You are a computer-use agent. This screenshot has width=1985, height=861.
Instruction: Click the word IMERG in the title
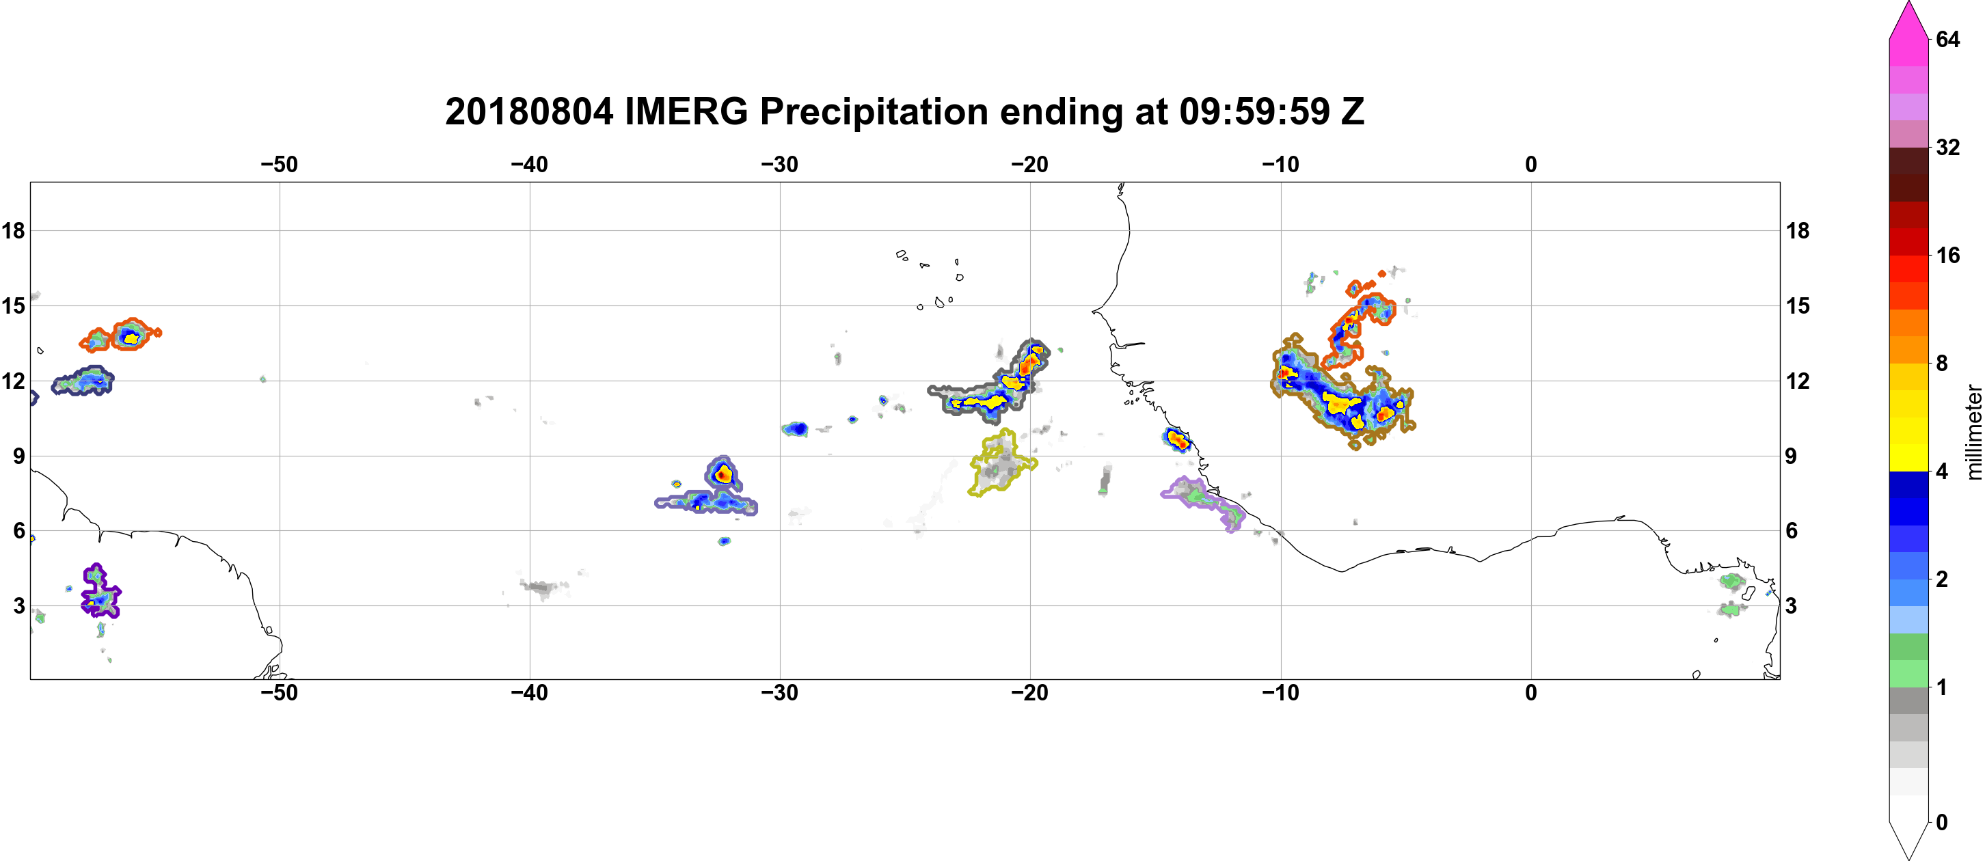point(686,111)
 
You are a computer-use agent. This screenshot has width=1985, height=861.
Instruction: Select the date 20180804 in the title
point(529,111)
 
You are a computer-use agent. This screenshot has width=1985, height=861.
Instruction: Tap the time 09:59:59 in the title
point(1254,111)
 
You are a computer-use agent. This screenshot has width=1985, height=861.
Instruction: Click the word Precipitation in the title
point(874,111)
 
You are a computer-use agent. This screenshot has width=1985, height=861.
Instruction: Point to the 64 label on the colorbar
point(1947,39)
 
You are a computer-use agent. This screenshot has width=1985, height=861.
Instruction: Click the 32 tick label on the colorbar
point(1947,147)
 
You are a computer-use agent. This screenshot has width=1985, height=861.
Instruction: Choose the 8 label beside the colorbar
point(1942,363)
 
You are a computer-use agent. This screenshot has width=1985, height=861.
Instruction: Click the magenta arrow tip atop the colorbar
point(1908,3)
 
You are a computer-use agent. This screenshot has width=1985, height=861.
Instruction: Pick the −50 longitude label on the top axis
point(279,164)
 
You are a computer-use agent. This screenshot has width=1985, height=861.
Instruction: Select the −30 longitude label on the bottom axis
point(780,692)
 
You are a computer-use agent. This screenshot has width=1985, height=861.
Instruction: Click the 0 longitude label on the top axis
point(1530,164)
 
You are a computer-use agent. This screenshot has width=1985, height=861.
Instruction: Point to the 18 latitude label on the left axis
point(13,230)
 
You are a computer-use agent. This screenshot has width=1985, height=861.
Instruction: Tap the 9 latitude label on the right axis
point(1791,456)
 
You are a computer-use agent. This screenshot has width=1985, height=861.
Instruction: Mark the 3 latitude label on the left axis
point(18,605)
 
